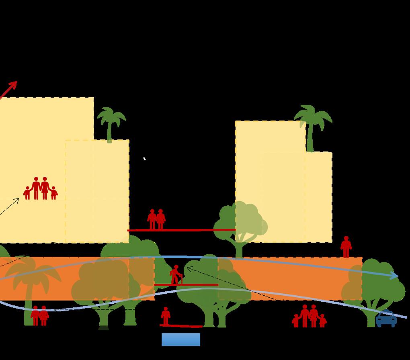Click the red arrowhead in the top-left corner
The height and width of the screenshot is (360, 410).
tap(13, 84)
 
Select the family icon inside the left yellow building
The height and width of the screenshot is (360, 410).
tap(40, 188)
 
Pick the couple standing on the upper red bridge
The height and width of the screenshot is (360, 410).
tap(156, 219)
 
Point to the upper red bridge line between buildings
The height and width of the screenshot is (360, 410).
tap(181, 230)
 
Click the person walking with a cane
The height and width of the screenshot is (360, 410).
tap(176, 275)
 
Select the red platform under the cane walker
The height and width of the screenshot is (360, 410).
tap(186, 285)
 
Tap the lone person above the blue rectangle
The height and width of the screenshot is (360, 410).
tap(166, 316)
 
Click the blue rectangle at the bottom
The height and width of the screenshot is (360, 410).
tap(181, 340)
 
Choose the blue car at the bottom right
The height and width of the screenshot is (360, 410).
tap(386, 319)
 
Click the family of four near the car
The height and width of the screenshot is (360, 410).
tap(309, 316)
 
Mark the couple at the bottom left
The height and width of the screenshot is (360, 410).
tap(39, 316)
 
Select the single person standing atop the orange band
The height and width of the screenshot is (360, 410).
tap(346, 247)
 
